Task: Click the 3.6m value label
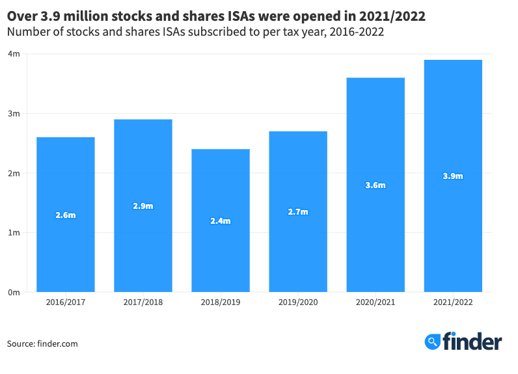pyautogui.click(x=375, y=185)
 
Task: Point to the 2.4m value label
pyautogui.click(x=221, y=220)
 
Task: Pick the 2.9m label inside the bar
pyautogui.click(x=143, y=206)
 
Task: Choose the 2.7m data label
pyautogui.click(x=298, y=211)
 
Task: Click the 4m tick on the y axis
pyautogui.click(x=14, y=54)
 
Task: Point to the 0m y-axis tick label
pyautogui.click(x=14, y=292)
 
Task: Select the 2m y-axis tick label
pyautogui.click(x=14, y=173)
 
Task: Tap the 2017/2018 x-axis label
pyautogui.click(x=143, y=302)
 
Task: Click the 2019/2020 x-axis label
pyautogui.click(x=298, y=302)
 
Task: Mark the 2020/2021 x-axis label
pyautogui.click(x=375, y=302)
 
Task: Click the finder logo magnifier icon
pyautogui.click(x=433, y=341)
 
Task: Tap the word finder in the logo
pyautogui.click(x=472, y=341)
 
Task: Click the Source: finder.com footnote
pyautogui.click(x=42, y=343)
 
